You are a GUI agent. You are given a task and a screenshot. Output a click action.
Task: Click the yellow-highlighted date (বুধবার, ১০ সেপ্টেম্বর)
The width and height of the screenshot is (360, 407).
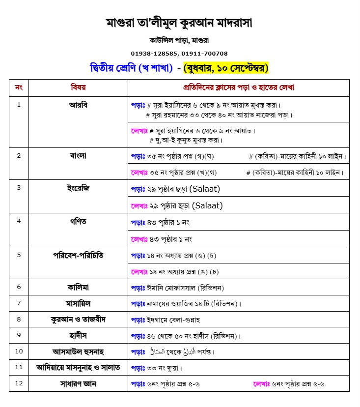tap(225, 68)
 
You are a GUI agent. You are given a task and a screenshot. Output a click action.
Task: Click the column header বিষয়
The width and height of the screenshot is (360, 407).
tap(78, 87)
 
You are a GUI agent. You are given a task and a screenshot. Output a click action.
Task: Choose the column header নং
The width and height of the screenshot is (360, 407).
tap(19, 87)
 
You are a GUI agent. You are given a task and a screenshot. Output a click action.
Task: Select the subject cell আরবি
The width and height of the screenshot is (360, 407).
tap(78, 105)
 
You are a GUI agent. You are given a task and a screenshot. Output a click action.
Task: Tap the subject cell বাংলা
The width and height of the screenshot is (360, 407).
tap(78, 156)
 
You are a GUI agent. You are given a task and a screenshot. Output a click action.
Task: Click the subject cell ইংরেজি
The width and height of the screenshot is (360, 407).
tap(78, 188)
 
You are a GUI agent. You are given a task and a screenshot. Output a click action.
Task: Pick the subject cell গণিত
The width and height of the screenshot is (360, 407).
tap(78, 221)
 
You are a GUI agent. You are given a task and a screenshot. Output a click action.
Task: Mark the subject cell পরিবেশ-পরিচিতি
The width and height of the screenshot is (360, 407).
tap(78, 255)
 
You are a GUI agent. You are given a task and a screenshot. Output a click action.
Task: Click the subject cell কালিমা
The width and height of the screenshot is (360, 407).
tap(78, 287)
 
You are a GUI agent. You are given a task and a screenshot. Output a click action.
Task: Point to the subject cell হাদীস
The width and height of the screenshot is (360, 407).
tap(78, 336)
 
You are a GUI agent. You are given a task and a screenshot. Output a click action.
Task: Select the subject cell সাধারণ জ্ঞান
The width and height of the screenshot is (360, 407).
tap(78, 384)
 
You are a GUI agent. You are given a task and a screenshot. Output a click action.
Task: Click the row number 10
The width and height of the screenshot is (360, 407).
tap(19, 351)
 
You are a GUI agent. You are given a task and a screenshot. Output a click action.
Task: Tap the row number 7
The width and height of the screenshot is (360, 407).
tap(19, 303)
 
